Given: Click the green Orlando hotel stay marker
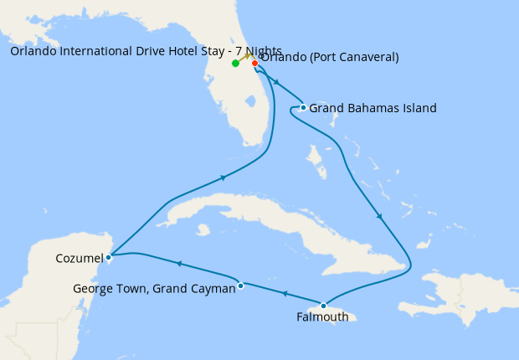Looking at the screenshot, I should click(236, 63).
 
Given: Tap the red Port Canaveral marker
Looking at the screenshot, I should click(254, 63).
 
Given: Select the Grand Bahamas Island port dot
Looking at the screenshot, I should click(303, 107).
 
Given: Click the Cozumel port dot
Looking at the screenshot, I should click(109, 257).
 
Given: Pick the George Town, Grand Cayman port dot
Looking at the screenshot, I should click(240, 285).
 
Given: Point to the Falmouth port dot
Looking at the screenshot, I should click(323, 306).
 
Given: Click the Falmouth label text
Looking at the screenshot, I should click(322, 317).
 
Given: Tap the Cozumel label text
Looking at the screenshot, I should click(79, 258).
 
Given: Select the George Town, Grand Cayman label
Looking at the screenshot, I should click(153, 289).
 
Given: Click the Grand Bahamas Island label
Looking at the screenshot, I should click(373, 108).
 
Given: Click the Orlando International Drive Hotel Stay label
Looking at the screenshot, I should click(146, 50).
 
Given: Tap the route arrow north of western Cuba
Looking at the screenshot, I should click(223, 177).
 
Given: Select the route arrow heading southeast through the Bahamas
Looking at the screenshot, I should click(379, 217).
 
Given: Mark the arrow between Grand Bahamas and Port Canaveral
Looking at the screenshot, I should click(275, 83).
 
